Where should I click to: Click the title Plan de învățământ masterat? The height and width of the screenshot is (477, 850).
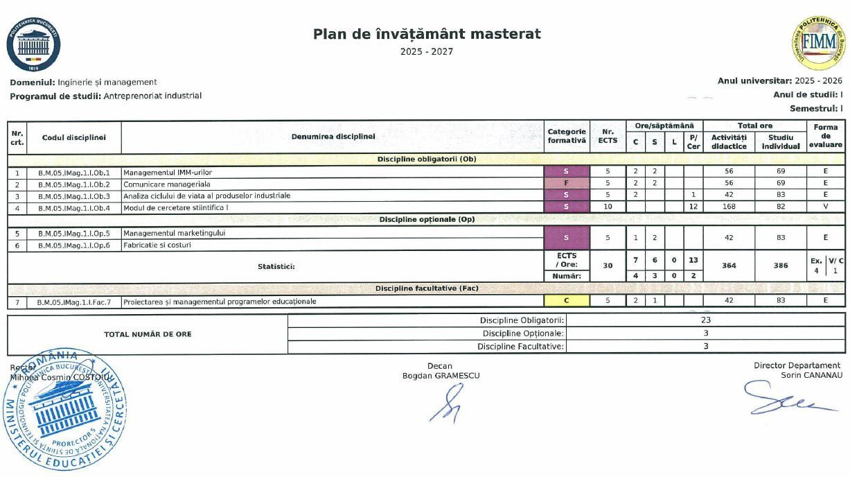click(427, 34)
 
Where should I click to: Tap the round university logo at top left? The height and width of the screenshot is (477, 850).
click(33, 44)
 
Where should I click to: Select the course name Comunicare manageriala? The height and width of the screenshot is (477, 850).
click(167, 184)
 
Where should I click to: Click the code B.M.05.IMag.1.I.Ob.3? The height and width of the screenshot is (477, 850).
click(73, 196)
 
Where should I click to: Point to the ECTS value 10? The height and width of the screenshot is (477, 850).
click(608, 207)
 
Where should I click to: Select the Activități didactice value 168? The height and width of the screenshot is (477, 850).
click(728, 207)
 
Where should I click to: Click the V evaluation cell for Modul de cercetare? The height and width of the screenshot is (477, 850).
click(826, 207)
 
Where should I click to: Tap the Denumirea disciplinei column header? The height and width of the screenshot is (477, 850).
click(333, 137)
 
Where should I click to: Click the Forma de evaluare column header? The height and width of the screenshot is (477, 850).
click(826, 136)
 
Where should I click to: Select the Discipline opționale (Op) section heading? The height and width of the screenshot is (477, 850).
click(427, 219)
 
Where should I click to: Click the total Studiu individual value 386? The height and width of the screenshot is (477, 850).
click(781, 266)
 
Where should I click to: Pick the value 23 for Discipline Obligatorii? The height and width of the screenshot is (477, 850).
click(705, 320)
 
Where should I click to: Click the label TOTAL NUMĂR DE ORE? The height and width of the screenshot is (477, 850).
click(148, 334)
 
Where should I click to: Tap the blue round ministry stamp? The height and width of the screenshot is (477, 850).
click(66, 409)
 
